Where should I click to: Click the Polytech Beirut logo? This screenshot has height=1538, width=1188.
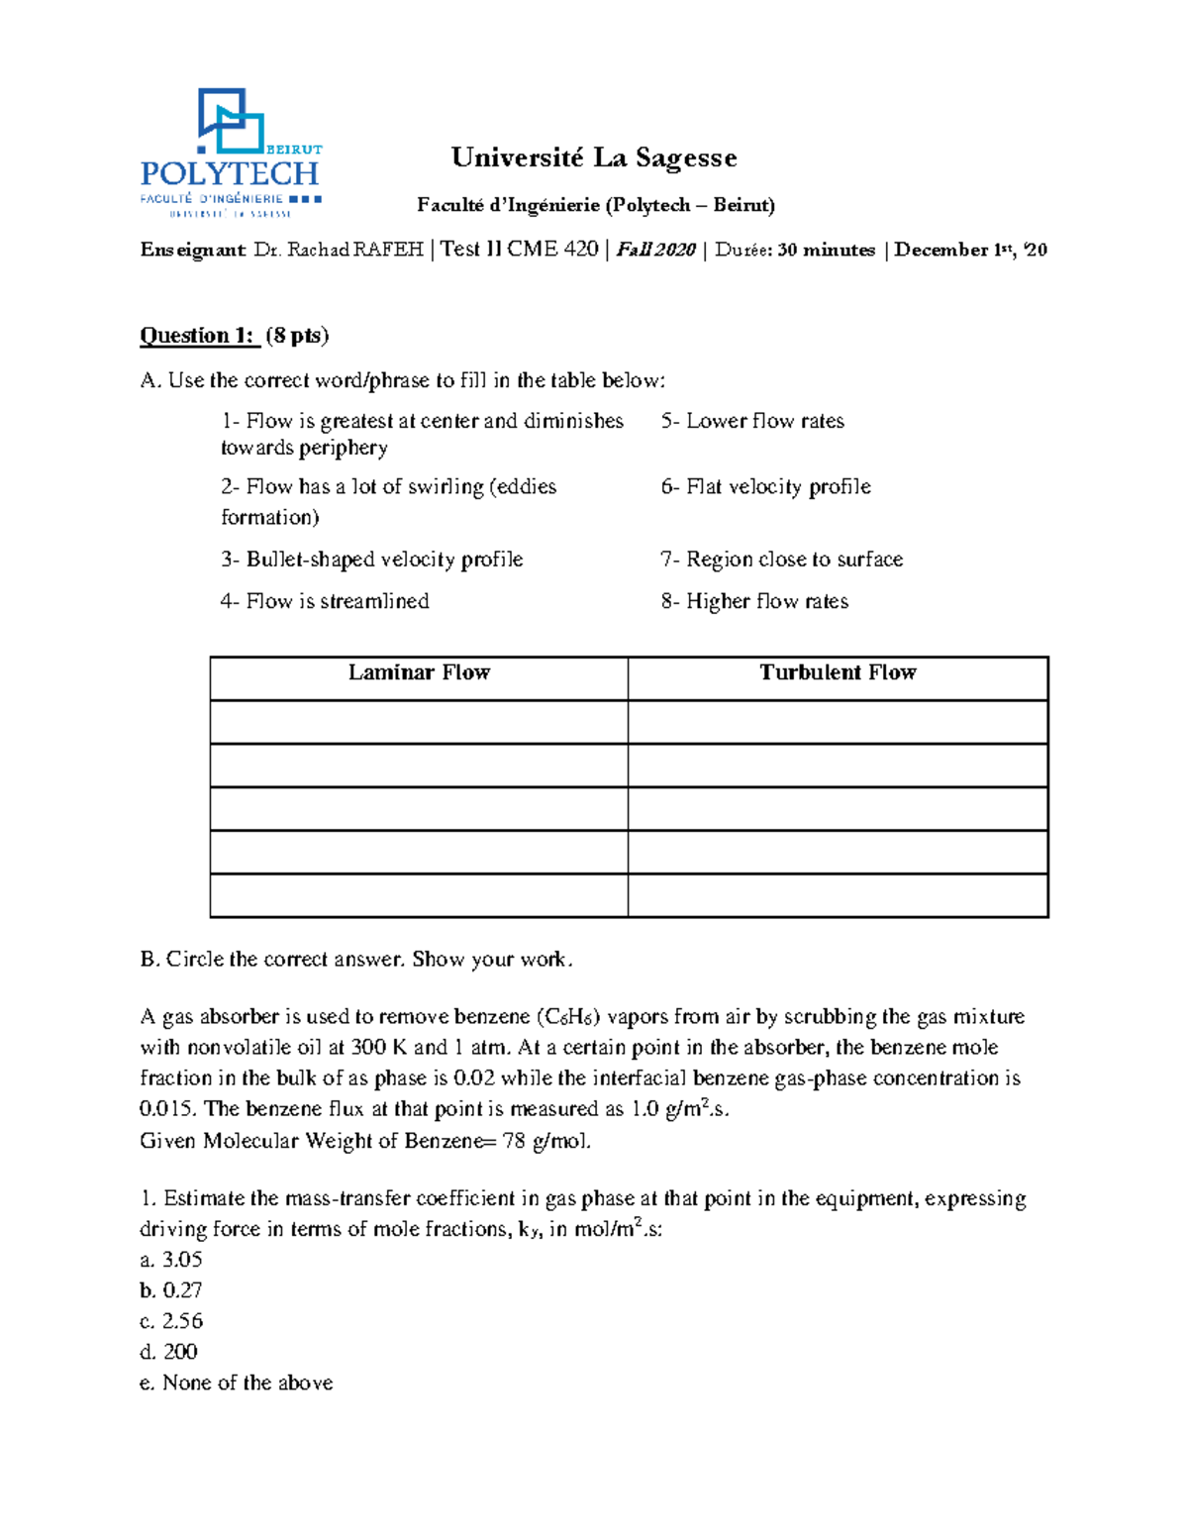tap(231, 152)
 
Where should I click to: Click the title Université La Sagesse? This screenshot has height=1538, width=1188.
tap(594, 157)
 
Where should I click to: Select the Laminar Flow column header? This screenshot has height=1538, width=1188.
tap(419, 673)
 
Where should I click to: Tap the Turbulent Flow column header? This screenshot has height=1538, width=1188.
tap(838, 673)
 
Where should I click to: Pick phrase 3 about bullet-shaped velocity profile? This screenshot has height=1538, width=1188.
tap(371, 560)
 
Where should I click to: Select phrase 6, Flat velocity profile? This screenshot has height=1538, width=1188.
tap(765, 486)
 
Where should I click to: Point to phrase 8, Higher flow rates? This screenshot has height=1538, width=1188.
tap(754, 601)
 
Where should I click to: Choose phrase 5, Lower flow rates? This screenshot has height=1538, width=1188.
tap(752, 421)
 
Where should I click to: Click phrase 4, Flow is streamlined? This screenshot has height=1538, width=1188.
tap(325, 601)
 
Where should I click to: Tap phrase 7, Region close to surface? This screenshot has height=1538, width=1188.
tap(781, 560)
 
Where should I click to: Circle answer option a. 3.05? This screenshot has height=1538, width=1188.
tap(171, 1260)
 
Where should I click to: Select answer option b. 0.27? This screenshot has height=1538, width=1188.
tap(171, 1290)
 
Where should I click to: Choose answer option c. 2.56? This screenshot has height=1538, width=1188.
tap(171, 1321)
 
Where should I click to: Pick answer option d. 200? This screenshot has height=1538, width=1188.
tap(169, 1352)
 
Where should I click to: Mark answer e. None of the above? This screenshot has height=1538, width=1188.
tap(237, 1383)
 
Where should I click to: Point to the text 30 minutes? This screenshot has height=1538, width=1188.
tap(826, 250)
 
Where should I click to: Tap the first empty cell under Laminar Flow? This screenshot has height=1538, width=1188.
tap(419, 722)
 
